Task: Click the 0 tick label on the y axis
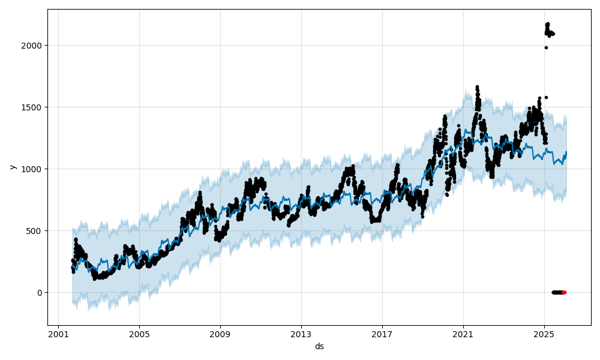(x=40, y=293)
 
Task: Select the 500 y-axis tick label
(x=35, y=231)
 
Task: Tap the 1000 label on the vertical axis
(x=33, y=169)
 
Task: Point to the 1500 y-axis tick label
(x=33, y=107)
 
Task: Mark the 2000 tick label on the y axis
(x=33, y=46)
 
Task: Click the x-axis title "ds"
(x=319, y=346)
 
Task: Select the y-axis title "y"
(x=11, y=167)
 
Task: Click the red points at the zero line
(x=564, y=292)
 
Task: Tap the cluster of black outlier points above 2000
(x=548, y=31)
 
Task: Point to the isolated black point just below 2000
(x=546, y=47)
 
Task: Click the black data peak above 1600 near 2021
(x=477, y=88)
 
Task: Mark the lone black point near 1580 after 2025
(x=546, y=97)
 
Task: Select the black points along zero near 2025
(x=556, y=292)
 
